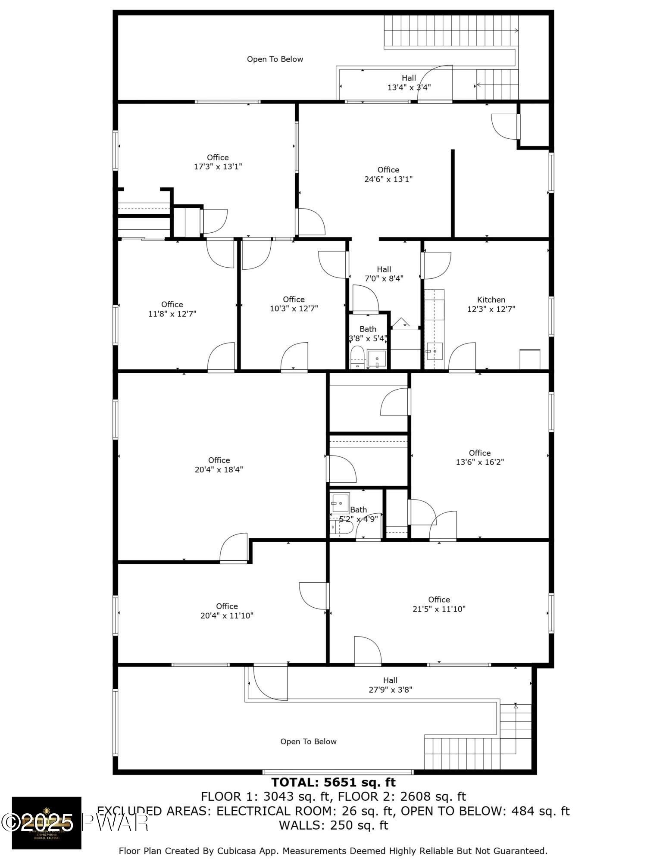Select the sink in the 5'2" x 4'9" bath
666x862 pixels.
point(340,503)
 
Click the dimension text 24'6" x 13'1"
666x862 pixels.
point(388,179)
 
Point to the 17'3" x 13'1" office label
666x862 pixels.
point(218,162)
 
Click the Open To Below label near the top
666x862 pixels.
point(275,59)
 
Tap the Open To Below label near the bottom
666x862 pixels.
point(308,741)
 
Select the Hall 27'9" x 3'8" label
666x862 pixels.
point(390,685)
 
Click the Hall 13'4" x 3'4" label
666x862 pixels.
point(409,82)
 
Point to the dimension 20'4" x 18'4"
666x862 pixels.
point(219,470)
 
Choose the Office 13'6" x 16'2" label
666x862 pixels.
point(480,457)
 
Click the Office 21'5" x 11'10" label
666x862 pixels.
point(439,604)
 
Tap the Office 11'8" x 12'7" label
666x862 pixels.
point(172,309)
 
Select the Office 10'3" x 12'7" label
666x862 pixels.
point(294,304)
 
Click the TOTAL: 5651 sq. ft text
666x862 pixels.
point(333,782)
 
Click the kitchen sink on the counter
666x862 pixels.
point(435,351)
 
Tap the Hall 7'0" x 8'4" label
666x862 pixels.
point(384,274)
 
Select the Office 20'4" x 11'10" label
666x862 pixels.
point(227,611)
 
